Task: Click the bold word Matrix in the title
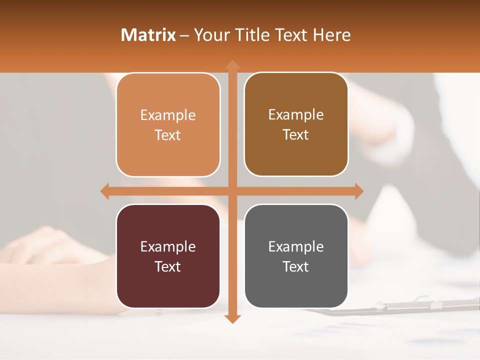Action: coord(148,35)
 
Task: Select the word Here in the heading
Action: coord(331,35)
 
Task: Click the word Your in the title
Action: coord(210,35)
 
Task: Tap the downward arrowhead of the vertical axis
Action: coord(232,318)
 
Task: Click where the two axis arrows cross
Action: coord(232,191)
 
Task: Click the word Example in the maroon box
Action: coord(168,246)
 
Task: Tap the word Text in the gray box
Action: coord(296,266)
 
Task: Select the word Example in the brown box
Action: coord(296,114)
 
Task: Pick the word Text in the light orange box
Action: coord(168,135)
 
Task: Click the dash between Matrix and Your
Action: coord(184,35)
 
